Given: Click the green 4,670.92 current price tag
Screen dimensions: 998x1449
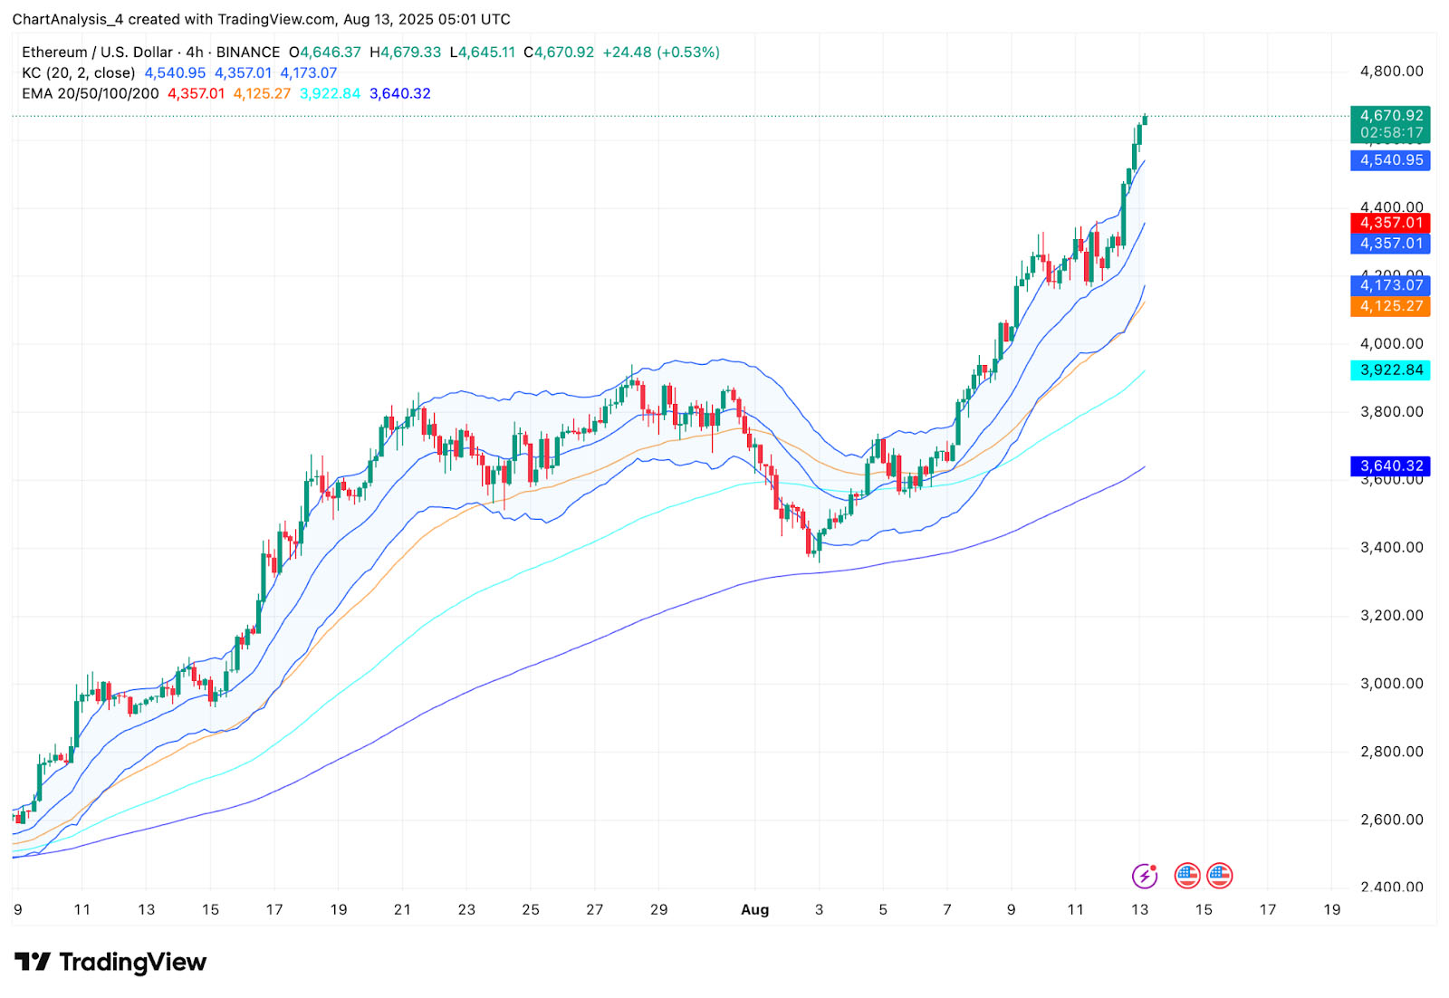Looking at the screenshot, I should [1390, 116].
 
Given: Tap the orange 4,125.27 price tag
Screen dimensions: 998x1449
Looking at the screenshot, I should [1390, 306].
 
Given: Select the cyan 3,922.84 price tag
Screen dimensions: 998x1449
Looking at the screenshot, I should [1390, 369].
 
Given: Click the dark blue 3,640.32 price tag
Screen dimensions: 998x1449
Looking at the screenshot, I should [1390, 465].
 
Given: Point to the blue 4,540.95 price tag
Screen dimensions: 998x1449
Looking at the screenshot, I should [1390, 160].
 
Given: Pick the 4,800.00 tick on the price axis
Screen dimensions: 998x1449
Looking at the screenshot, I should [1391, 72].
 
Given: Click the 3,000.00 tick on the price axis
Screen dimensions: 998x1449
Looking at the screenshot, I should [1391, 684].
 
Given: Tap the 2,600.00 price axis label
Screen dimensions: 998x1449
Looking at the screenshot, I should [1391, 820].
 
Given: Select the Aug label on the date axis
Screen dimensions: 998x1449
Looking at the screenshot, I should [754, 909].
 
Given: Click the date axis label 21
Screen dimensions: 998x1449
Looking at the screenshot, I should [402, 909].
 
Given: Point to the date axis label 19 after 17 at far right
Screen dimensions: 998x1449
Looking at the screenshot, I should [1331, 909].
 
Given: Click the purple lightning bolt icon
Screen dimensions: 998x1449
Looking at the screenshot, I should [1145, 876].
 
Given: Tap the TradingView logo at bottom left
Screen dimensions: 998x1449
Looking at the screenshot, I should [110, 962].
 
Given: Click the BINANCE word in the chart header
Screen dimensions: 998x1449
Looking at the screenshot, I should [248, 53].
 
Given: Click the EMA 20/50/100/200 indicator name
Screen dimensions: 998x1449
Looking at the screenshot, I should [91, 93].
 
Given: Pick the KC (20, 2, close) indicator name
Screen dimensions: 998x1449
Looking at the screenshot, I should [79, 73].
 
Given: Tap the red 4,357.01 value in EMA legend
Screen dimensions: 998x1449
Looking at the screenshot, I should [196, 93].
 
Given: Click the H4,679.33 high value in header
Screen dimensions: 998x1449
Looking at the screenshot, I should [405, 53].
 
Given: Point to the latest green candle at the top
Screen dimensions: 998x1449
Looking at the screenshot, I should [1145, 119].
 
